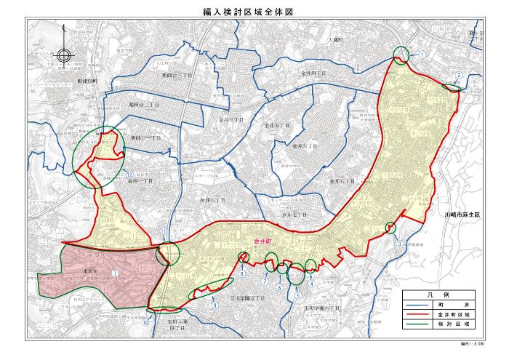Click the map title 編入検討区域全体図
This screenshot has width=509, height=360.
254,12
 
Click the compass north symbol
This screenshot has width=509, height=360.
63,55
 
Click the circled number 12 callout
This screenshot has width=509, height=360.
129,175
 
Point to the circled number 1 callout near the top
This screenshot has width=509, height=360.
421,55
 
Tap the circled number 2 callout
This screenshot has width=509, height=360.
459,75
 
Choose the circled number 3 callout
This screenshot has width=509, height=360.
400,244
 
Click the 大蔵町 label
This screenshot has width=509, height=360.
334,40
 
